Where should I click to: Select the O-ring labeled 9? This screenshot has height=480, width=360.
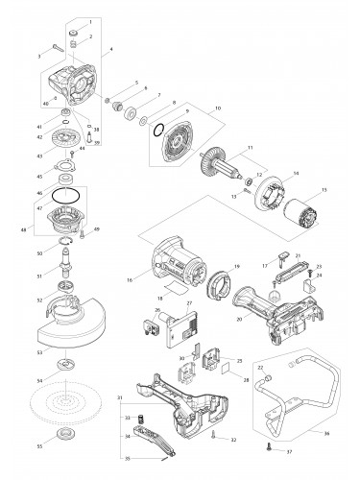point(158,133)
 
